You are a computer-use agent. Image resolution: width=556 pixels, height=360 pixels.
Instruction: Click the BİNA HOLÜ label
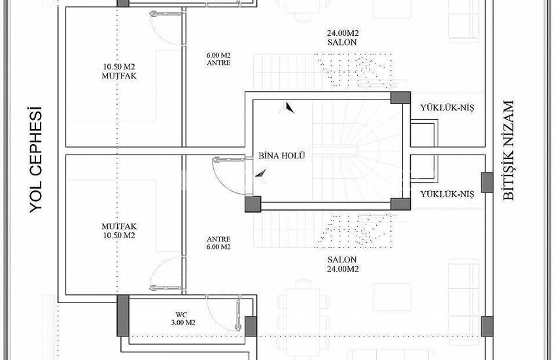(x=281, y=155)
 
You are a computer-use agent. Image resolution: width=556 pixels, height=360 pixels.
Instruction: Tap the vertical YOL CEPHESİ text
(x=36, y=160)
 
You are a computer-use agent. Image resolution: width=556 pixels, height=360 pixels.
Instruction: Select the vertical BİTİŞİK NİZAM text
(x=508, y=151)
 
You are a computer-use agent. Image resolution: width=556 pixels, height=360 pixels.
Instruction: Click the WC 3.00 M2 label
(x=183, y=319)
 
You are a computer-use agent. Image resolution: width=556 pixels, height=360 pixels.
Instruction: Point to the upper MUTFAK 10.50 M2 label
(x=119, y=71)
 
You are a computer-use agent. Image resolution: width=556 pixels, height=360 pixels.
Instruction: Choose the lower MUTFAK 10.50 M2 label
(x=119, y=230)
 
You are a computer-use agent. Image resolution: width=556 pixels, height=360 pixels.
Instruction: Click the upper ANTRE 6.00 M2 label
(x=218, y=59)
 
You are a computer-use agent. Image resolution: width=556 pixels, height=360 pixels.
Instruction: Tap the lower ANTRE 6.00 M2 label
(x=218, y=243)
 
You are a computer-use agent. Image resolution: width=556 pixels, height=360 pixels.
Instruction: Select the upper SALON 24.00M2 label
(x=342, y=37)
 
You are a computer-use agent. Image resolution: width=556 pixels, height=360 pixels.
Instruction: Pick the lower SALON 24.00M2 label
(x=342, y=264)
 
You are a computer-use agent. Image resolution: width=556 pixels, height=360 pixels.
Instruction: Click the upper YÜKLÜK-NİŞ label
(x=447, y=107)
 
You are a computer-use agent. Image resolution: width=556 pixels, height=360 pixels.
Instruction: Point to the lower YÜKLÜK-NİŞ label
(x=447, y=194)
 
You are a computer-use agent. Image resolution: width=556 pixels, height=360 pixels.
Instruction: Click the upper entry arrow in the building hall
(x=288, y=107)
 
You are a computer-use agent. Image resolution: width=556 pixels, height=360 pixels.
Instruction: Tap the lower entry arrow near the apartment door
(x=262, y=175)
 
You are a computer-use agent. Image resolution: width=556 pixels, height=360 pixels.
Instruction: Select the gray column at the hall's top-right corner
(x=400, y=98)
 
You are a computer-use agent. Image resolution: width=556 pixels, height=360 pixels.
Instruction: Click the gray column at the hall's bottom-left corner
(x=253, y=204)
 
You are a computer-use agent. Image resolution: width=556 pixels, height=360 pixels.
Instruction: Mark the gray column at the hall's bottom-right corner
(x=400, y=204)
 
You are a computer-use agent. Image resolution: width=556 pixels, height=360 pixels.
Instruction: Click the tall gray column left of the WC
(x=123, y=315)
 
